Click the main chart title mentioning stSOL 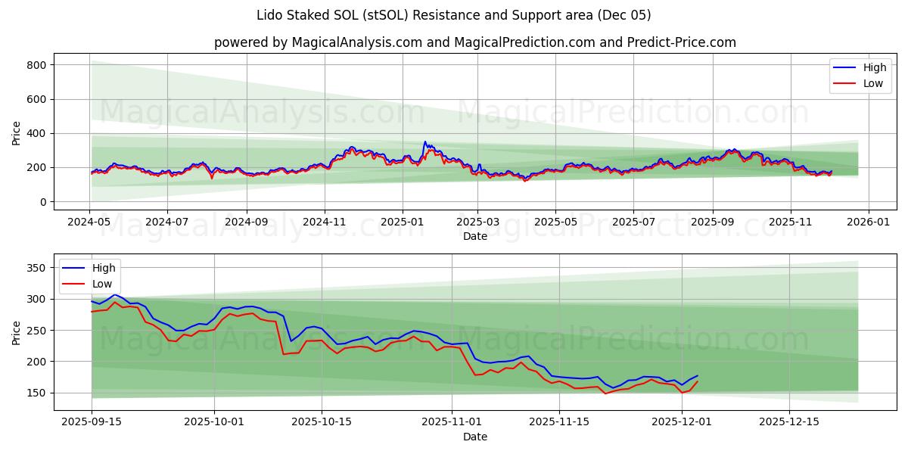pos(454,15)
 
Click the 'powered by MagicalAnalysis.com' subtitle pos(474,42)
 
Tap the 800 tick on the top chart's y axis pos(37,65)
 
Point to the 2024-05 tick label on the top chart pos(89,222)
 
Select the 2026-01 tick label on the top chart pos(868,222)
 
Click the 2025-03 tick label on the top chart pos(477,222)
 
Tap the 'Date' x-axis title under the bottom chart pos(474,437)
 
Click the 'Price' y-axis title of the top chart pos(17,133)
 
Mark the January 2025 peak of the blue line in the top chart pos(425,141)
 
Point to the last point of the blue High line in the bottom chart pos(698,375)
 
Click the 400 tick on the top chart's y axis pos(37,133)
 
